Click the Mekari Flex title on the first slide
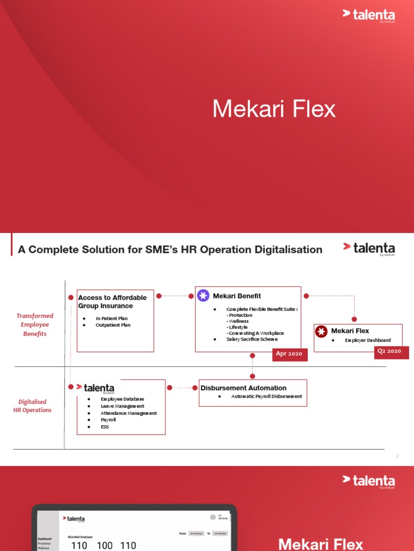(x=274, y=109)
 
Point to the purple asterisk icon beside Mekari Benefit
(x=203, y=295)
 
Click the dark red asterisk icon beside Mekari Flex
(x=321, y=331)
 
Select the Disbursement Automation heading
(x=243, y=388)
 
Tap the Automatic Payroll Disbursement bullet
(x=266, y=397)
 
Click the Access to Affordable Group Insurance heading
(x=112, y=302)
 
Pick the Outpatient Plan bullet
(x=113, y=325)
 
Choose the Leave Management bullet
(x=122, y=406)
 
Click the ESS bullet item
(x=105, y=427)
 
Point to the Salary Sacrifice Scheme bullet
(x=252, y=340)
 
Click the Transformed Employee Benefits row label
(x=35, y=324)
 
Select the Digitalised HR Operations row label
(x=32, y=406)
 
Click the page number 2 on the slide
(x=397, y=456)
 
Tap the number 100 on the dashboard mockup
(x=105, y=546)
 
